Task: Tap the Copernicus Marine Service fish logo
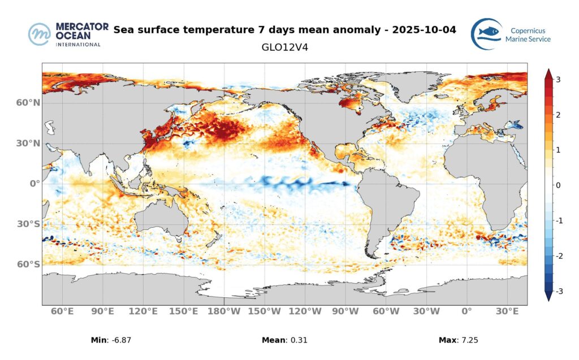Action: pos(487,34)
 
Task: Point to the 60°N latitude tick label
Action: pos(28,103)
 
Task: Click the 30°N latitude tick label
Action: pos(28,144)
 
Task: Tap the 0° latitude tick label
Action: pos(33,184)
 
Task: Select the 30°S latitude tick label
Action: pos(28,224)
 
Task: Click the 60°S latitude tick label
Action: pos(28,264)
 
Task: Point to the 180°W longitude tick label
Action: pos(224,311)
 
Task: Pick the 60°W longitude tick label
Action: pos(386,311)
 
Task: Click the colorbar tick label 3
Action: pos(558,80)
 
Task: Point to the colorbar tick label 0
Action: pos(558,185)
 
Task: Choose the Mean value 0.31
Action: pos(297,340)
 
